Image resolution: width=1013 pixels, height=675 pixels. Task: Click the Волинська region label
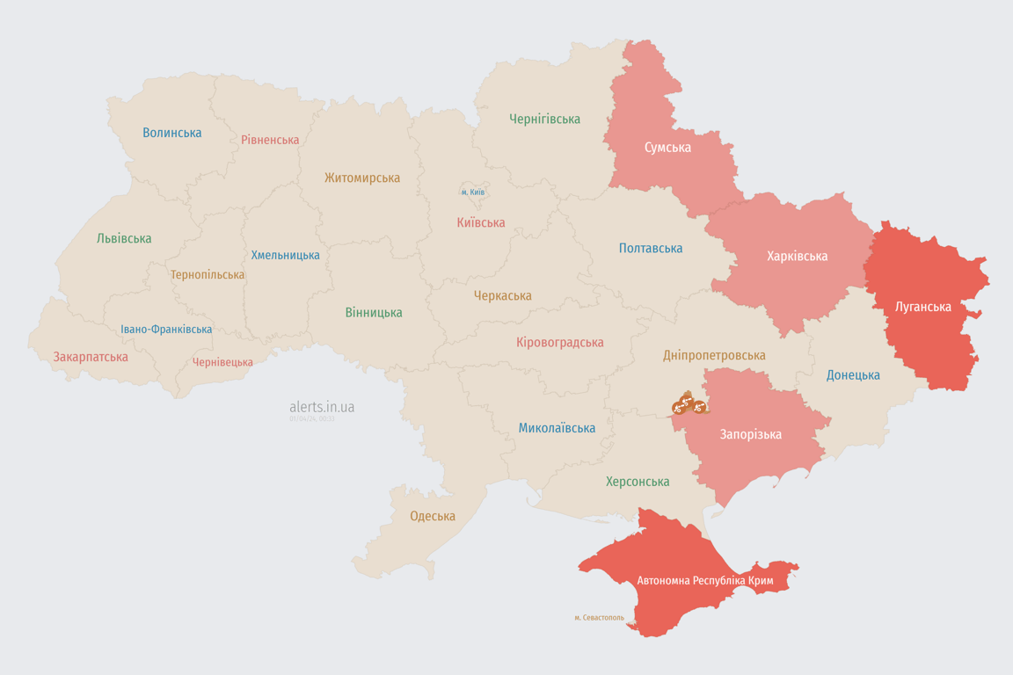click(x=172, y=133)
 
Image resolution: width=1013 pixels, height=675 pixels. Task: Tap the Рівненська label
click(x=270, y=140)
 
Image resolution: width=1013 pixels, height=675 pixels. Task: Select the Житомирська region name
click(x=361, y=178)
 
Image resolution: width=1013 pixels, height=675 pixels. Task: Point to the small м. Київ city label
click(x=472, y=192)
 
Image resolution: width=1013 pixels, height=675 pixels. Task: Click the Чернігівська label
click(x=544, y=119)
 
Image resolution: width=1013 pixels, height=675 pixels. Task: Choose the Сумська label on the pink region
click(x=667, y=147)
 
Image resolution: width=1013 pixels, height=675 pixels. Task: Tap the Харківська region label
click(x=797, y=256)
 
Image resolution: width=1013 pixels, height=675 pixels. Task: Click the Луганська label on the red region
click(x=922, y=307)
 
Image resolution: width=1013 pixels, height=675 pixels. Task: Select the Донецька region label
click(x=853, y=375)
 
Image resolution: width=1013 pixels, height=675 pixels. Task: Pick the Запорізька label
click(x=750, y=434)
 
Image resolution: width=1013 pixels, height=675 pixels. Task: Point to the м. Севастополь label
click(x=599, y=618)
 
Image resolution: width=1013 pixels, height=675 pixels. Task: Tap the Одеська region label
click(x=433, y=516)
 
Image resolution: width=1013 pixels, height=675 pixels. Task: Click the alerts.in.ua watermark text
click(x=322, y=407)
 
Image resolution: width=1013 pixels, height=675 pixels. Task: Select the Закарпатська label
click(x=91, y=357)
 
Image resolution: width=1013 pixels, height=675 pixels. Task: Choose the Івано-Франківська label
click(x=166, y=330)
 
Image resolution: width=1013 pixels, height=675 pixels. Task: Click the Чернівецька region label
click(x=222, y=362)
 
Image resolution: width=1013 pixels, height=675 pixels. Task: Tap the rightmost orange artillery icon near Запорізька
click(x=699, y=407)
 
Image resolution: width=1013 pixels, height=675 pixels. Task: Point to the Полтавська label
click(x=651, y=248)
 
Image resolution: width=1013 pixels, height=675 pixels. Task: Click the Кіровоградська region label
click(x=559, y=342)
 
